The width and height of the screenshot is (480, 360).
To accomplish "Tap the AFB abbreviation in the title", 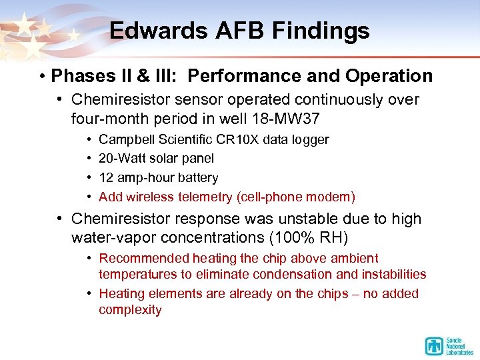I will tap(230, 31).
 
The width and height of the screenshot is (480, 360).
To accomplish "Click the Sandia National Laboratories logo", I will tap(449, 345).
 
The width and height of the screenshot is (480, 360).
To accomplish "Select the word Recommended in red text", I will tap(144, 258).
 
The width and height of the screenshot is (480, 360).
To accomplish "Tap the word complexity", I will tap(130, 310).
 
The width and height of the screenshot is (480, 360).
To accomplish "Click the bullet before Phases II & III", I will tap(41, 77).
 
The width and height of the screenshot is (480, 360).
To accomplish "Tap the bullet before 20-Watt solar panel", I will tap(89, 159).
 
